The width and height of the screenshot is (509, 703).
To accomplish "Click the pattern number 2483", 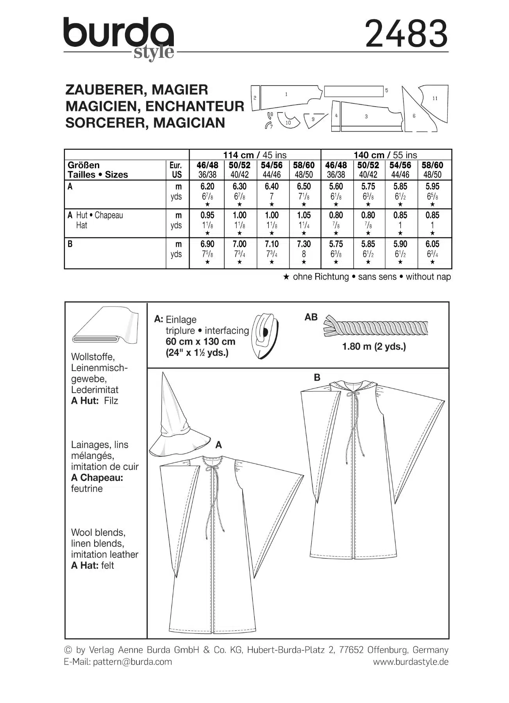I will tap(406, 34).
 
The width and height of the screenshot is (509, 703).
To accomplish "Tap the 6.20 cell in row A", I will tap(207, 187).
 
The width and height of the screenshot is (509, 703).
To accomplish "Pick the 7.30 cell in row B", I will tap(304, 244).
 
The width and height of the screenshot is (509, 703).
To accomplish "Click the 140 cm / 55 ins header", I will tap(386, 155).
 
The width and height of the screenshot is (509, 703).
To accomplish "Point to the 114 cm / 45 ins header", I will tap(255, 155).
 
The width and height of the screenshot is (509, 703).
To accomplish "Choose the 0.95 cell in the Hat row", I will tap(207, 215).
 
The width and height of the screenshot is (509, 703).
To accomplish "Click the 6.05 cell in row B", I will tap(432, 244).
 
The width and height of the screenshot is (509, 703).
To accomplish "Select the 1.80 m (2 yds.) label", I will tap(374, 346).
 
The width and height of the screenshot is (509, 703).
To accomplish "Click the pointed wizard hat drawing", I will tap(176, 418).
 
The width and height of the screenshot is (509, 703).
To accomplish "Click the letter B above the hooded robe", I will tap(317, 377).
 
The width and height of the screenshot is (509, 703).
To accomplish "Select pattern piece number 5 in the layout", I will tap(354, 91).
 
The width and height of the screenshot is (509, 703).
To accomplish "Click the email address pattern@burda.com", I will tap(132, 662).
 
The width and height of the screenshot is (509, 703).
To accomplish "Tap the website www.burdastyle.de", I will tap(411, 662).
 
